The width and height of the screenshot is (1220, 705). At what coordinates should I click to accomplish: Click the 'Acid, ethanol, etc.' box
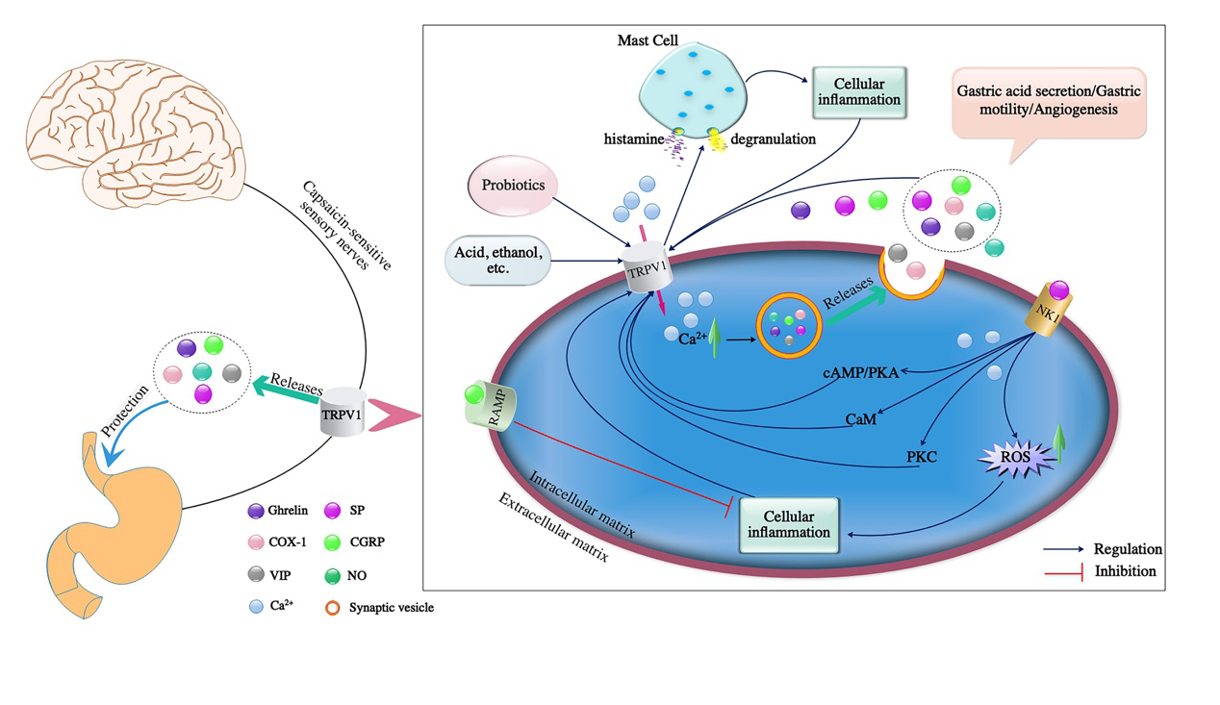coord(496,260)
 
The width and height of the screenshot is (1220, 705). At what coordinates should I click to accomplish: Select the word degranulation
coord(773,139)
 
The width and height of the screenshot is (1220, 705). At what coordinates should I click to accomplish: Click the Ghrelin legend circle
coord(256,511)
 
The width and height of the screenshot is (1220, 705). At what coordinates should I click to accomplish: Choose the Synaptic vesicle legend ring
coord(333,608)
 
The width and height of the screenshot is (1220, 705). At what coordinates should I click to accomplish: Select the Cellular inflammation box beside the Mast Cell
coord(861,91)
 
